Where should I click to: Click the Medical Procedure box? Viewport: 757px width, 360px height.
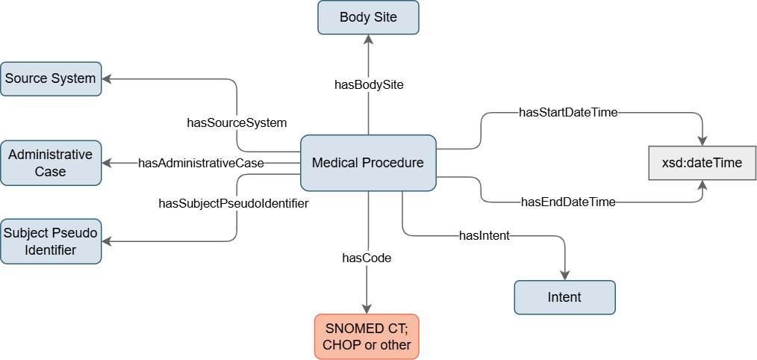coord(367,163)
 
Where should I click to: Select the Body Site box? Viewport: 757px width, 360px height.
coord(368,17)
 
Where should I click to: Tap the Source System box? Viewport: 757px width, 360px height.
coord(51,78)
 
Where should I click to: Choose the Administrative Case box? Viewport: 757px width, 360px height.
coord(51,163)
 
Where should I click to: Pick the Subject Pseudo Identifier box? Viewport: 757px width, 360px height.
coord(51,240)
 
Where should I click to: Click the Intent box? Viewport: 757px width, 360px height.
coord(564,297)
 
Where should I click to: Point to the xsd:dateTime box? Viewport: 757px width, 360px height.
coord(703,163)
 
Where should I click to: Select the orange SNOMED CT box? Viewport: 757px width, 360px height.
coord(367,336)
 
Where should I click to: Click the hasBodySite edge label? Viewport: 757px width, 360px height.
coord(369,85)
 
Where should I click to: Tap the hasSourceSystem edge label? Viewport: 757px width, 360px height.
coord(237,122)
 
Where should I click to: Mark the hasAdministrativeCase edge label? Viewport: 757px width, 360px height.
coord(201,163)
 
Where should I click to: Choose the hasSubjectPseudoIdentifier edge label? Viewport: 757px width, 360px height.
coord(234,202)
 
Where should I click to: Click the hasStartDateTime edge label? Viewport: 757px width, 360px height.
coord(568,114)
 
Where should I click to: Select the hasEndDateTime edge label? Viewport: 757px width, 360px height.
coord(568,202)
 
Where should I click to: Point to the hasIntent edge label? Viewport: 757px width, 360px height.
coord(485,236)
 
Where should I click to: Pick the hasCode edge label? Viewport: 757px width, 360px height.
coord(367,258)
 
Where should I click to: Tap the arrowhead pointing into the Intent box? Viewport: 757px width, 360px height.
coord(564,276)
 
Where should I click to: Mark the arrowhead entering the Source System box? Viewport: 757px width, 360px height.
coord(108,78)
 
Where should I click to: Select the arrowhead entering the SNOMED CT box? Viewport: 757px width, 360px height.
coord(367,310)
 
